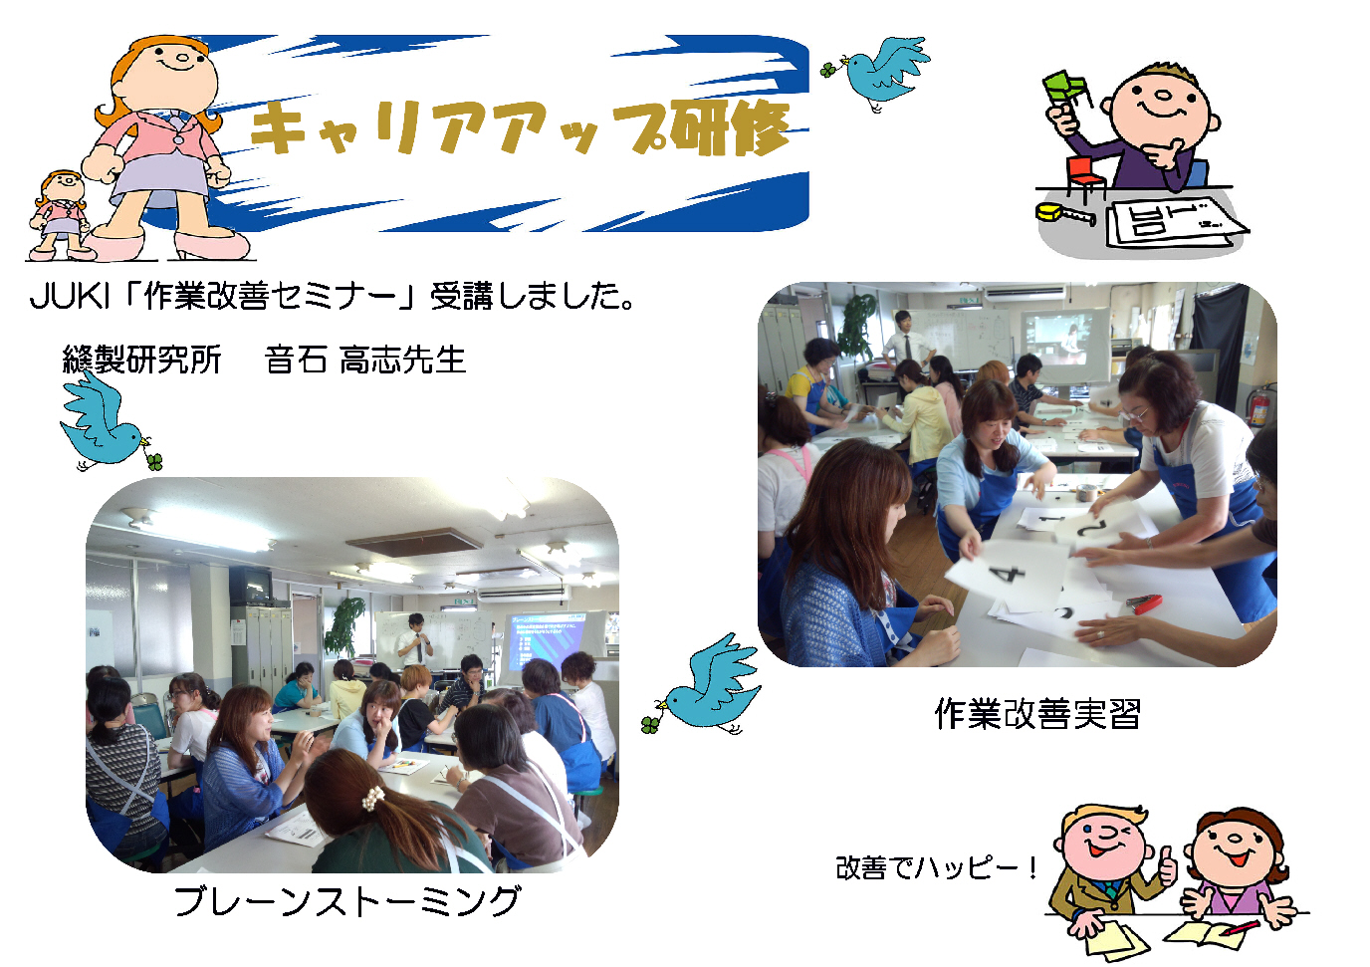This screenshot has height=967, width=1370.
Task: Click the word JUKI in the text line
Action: tap(69, 296)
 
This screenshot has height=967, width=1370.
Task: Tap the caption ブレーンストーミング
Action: tap(346, 901)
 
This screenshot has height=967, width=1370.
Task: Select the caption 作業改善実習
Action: tap(1037, 714)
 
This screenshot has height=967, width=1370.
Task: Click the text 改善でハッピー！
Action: tap(936, 868)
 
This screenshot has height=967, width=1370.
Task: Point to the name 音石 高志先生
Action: tap(365, 360)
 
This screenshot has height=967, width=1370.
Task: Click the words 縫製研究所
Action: tap(142, 360)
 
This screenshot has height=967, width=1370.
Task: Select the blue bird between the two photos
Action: tap(703, 687)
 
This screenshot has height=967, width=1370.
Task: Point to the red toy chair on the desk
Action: tap(1085, 176)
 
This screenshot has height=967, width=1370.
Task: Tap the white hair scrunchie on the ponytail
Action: tap(372, 798)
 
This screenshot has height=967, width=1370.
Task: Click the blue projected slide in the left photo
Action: tap(546, 644)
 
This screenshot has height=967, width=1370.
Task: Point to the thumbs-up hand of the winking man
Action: tap(1168, 866)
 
